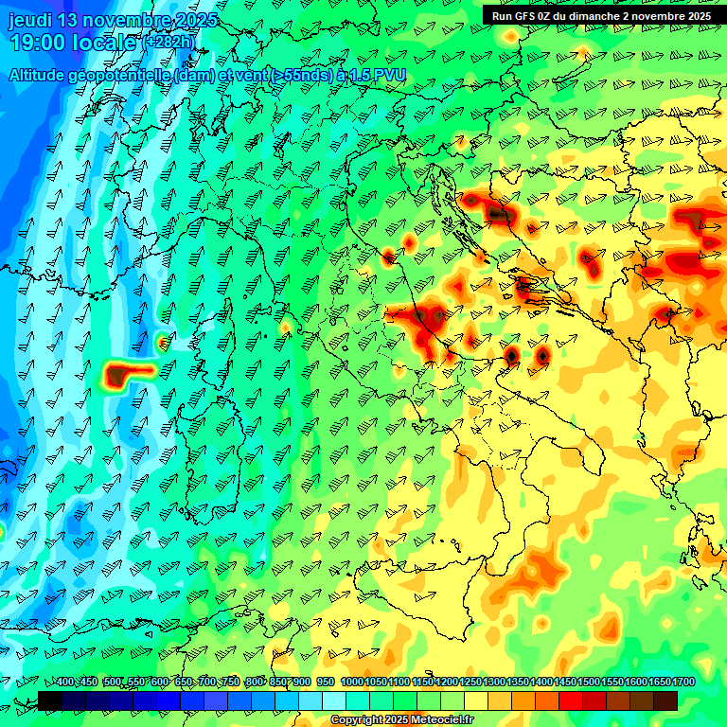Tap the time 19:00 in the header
[x=36, y=43]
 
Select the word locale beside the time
[x=103, y=43]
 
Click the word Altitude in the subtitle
[x=40, y=75]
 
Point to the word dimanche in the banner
[x=604, y=16]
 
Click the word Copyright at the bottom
[x=356, y=720]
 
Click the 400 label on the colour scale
[x=65, y=683]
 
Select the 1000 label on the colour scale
[x=352, y=683]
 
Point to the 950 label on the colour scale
[x=326, y=683]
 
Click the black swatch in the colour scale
[x=50, y=700]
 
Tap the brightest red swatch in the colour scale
[x=571, y=700]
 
